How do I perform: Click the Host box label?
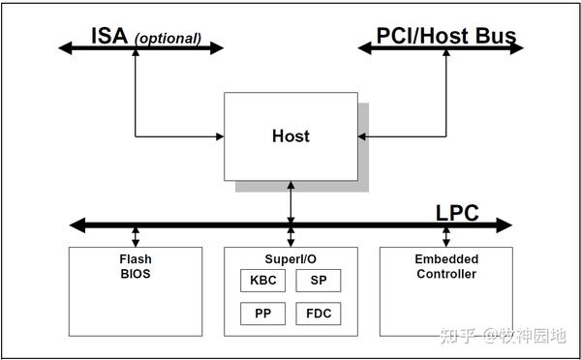290,136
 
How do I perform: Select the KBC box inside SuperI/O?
262,281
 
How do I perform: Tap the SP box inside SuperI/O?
318,281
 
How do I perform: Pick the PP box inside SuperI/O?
262,314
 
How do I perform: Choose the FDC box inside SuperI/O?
318,314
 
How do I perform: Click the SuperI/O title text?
290,259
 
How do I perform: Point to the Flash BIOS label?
135,266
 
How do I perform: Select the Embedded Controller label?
445,266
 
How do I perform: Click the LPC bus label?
456,213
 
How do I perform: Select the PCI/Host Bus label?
446,38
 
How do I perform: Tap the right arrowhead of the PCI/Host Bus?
513,46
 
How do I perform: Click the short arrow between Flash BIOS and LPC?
135,237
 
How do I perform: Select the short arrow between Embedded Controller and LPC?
445,237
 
